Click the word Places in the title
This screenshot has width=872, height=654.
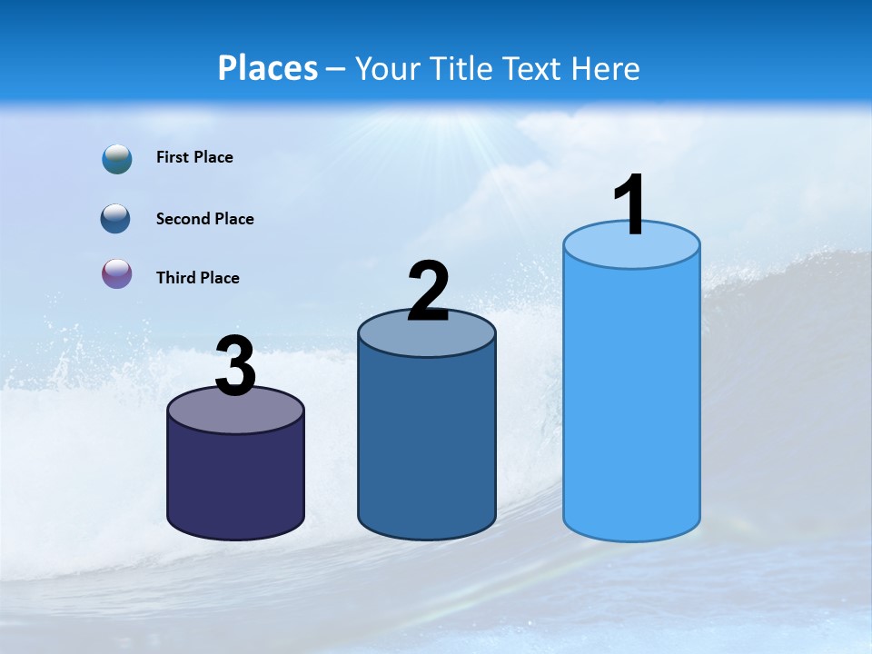[268, 68]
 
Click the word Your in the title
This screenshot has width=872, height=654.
[387, 68]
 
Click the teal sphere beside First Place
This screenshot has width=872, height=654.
[117, 158]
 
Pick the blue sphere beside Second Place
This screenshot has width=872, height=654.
[116, 219]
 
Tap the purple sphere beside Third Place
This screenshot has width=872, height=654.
[117, 274]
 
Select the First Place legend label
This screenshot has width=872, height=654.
[194, 157]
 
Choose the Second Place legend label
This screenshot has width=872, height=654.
[205, 219]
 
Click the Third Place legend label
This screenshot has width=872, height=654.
[198, 278]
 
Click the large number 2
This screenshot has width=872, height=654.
[429, 291]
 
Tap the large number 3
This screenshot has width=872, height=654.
[236, 366]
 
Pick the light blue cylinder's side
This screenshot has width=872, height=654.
[631, 400]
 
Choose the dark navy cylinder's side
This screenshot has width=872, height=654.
[236, 481]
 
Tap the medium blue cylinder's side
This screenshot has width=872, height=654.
[427, 445]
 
